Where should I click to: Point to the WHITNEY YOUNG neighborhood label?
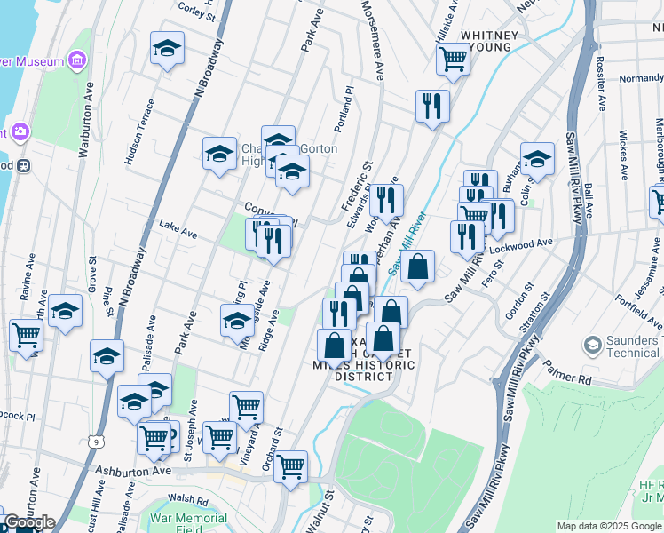(486, 40)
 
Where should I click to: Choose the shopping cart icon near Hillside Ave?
(453, 59)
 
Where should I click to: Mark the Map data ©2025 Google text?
(609, 526)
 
